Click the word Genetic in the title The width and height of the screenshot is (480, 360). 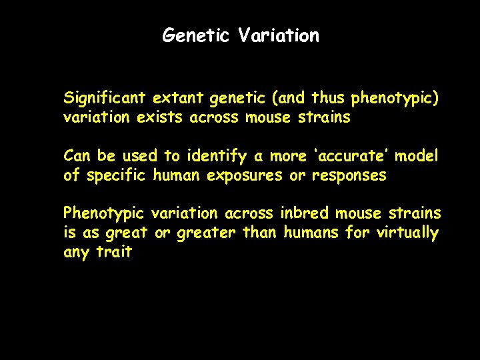[196, 35]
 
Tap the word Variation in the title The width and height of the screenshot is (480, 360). [279, 35]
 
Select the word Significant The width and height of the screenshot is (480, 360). [105, 99]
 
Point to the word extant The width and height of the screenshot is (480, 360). [178, 99]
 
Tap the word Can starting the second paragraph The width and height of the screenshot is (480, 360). [77, 156]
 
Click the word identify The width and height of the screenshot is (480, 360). [215, 156]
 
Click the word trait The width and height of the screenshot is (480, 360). [114, 252]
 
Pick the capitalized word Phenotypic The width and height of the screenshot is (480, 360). [103, 213]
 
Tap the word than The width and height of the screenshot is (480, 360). [262, 233]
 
